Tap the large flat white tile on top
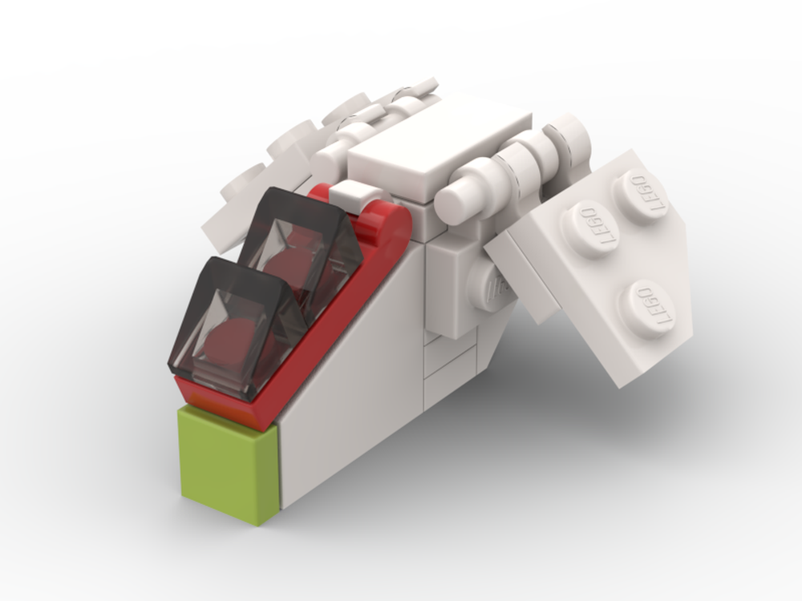coord(437,144)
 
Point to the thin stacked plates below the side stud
coord(441,361)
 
